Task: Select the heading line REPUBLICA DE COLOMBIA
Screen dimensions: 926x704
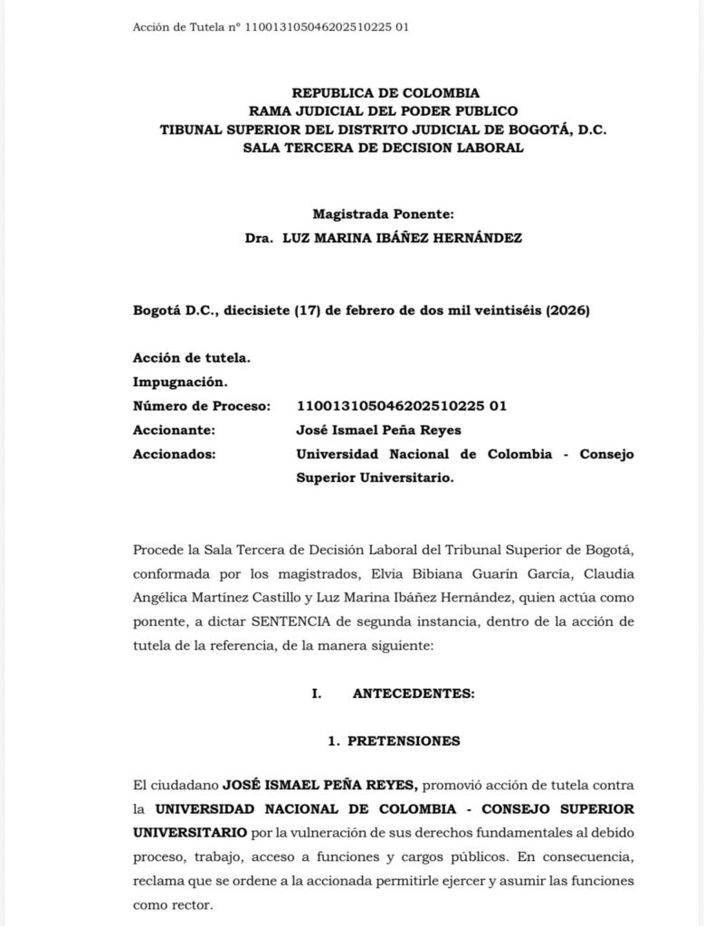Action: (385, 92)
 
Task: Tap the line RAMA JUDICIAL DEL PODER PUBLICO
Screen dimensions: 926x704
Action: (385, 110)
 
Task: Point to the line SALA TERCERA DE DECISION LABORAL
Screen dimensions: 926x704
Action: (384, 147)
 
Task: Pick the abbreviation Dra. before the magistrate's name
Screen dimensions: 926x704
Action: (259, 238)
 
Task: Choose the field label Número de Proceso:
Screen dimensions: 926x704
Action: (202, 406)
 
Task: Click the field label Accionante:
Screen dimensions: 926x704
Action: (174, 430)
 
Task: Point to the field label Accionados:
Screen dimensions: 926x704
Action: (174, 454)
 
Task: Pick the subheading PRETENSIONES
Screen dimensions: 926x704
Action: (404, 741)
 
